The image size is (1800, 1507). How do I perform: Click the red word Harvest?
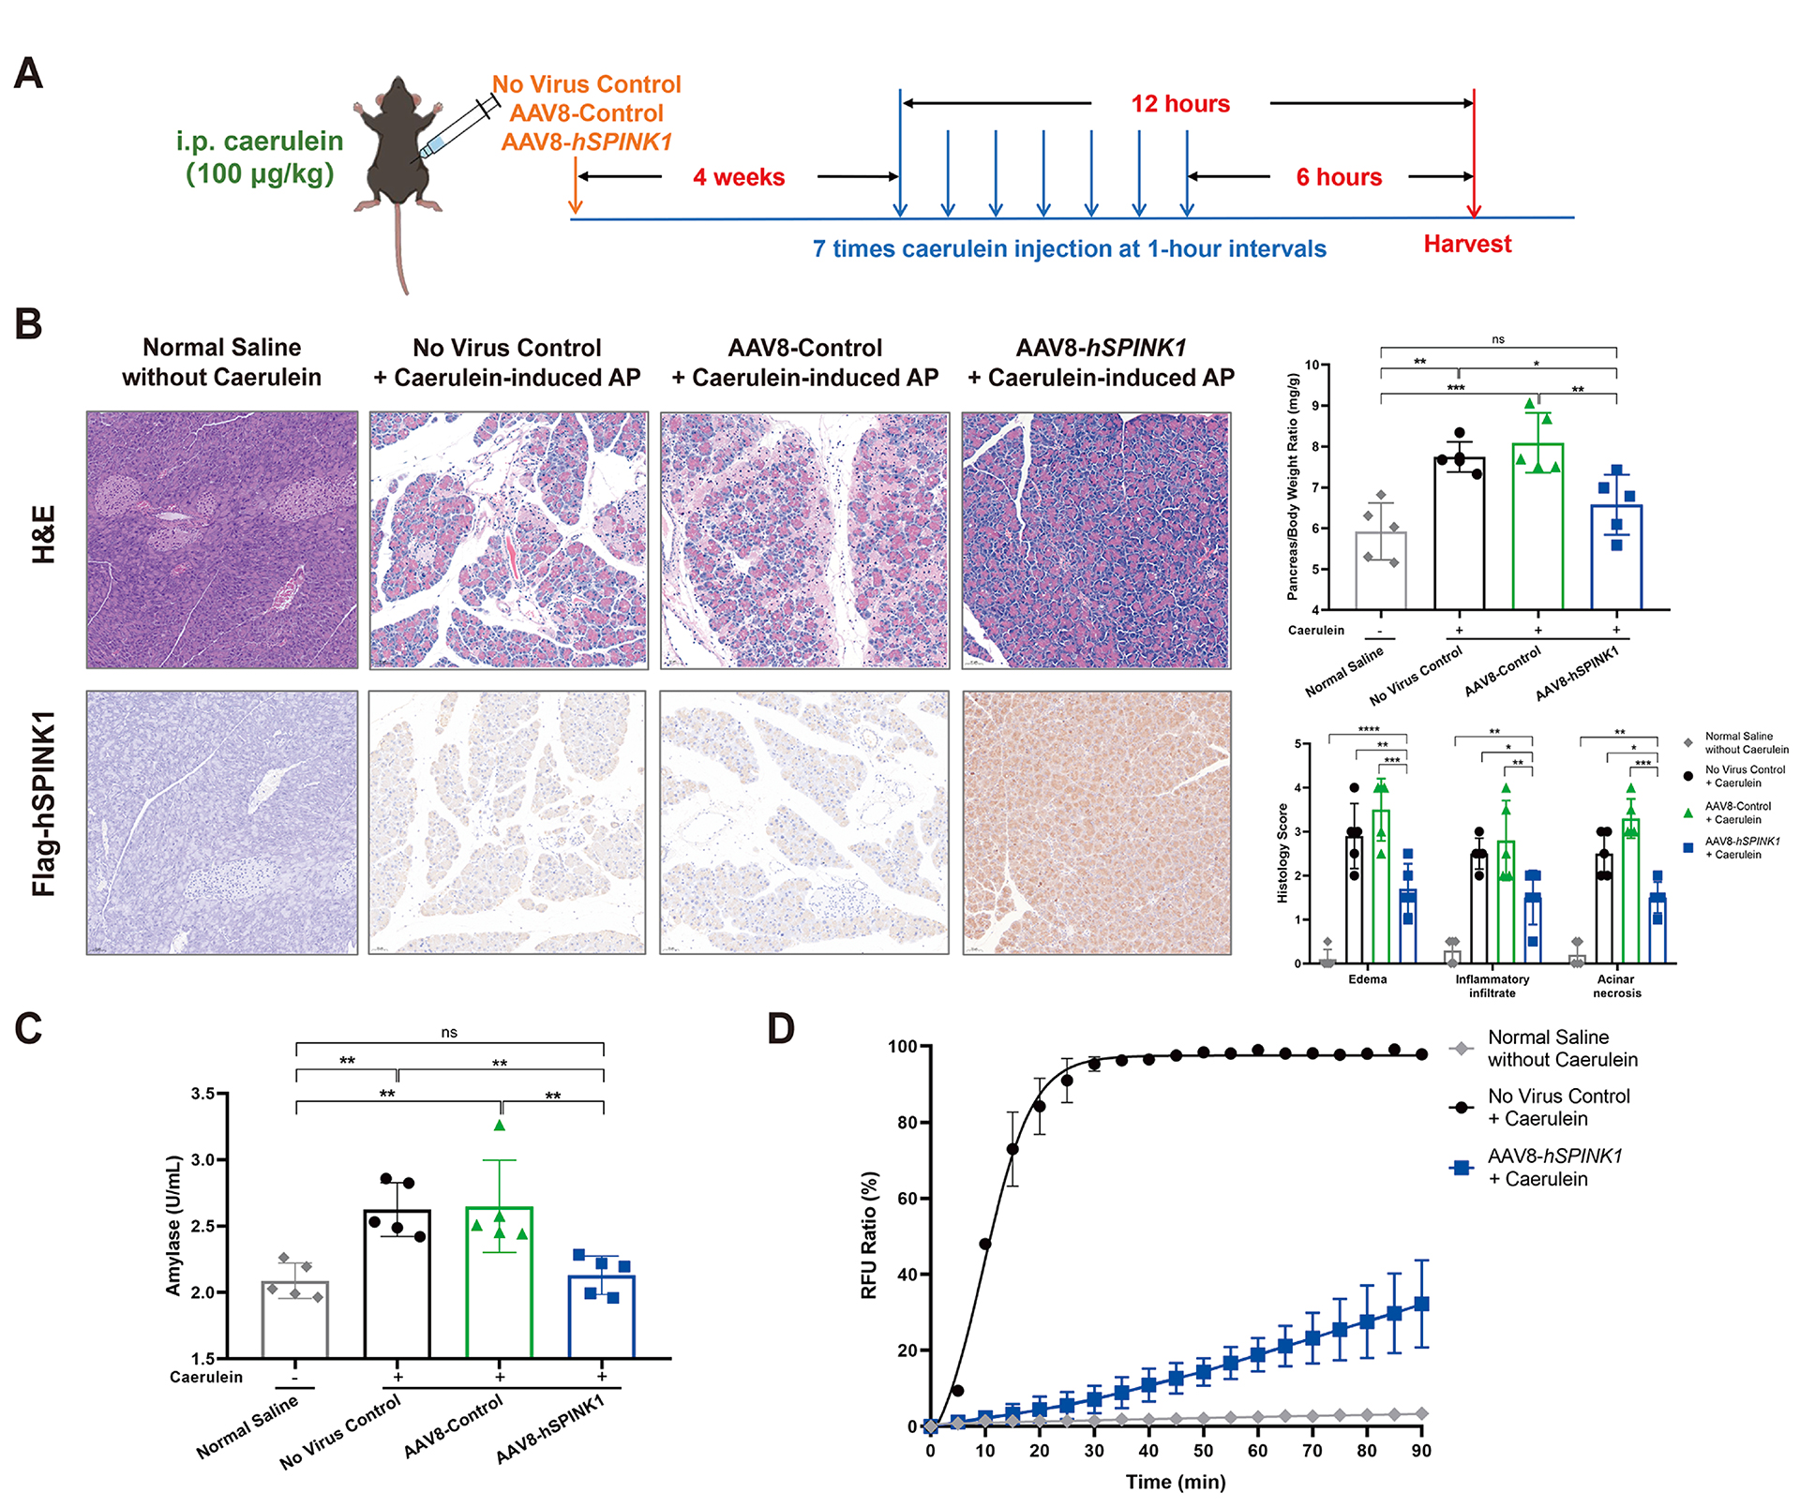point(1467,245)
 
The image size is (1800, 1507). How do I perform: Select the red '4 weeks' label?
point(739,177)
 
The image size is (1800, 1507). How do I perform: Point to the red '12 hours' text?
point(1180,104)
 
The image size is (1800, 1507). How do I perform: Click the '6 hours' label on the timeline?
point(1339,177)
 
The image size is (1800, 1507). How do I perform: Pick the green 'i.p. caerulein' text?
point(260,142)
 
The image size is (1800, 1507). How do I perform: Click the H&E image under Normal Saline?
point(222,540)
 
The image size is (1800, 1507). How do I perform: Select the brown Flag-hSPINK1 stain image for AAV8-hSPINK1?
point(1096,823)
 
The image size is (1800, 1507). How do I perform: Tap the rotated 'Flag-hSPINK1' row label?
point(43,803)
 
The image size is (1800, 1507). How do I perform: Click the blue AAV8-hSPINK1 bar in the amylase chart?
point(602,1316)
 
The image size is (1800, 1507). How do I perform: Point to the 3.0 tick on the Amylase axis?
point(202,1160)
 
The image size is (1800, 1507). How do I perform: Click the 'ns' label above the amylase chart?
point(449,1033)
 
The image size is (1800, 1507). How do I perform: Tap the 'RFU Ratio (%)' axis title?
point(869,1235)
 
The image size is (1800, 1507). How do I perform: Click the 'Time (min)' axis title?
point(1176,1482)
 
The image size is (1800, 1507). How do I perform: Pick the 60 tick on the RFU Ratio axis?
point(907,1199)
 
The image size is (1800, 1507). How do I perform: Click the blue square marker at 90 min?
point(1421,1304)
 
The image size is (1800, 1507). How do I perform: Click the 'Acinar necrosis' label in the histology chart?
point(1616,986)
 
